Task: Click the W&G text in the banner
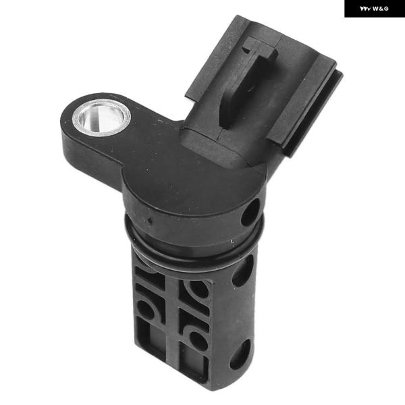381,9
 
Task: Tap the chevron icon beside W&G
365,9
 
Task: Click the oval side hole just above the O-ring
250,213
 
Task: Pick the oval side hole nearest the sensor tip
240,354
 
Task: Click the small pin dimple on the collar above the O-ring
149,221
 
